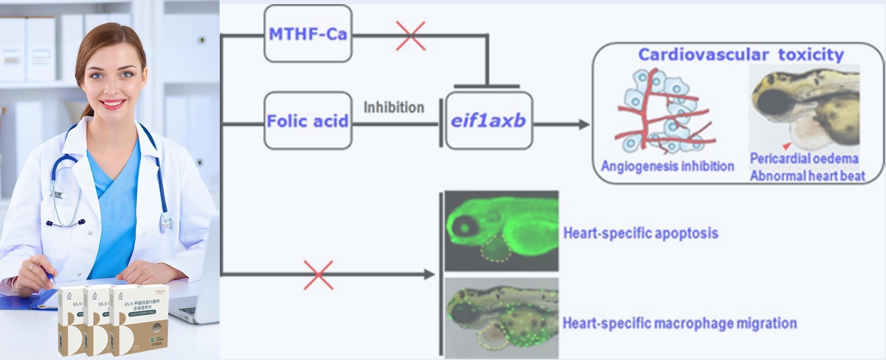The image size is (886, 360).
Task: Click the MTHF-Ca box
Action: tap(308, 34)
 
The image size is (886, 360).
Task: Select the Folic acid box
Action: tap(308, 120)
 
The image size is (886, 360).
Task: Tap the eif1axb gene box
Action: tap(488, 120)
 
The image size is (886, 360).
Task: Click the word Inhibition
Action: tap(393, 107)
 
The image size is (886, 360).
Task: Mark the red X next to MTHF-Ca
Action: tap(411, 36)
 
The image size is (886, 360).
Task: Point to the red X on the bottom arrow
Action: tap(318, 275)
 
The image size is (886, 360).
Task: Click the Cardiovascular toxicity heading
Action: tap(740, 55)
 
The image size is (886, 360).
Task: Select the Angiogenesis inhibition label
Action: tap(667, 166)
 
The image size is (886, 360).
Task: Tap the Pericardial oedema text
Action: tap(803, 158)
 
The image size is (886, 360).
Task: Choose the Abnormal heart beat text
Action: tap(807, 175)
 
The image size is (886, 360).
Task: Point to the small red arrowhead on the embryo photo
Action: tap(787, 145)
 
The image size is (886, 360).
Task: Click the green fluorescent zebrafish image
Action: tap(501, 230)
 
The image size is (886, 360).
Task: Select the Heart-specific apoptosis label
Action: tap(640, 233)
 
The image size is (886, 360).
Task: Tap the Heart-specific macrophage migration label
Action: tap(679, 323)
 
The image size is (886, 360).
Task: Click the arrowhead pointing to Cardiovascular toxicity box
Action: tap(584, 125)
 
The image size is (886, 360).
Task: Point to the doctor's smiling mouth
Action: tap(113, 103)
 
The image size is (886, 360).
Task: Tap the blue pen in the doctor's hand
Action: tap(50, 279)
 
